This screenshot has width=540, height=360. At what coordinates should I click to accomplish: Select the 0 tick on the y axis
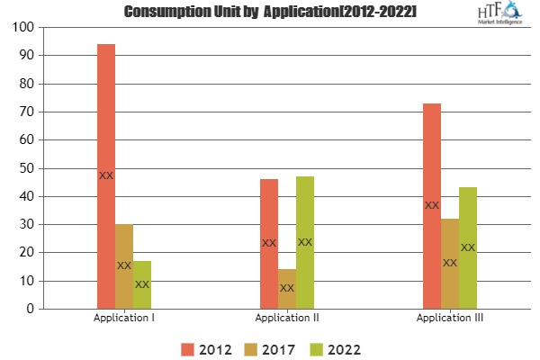point(27,309)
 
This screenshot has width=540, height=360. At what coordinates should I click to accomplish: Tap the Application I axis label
point(123,319)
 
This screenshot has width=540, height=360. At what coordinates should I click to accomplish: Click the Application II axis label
point(286,319)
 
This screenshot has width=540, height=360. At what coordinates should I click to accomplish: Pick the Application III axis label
point(449,319)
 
